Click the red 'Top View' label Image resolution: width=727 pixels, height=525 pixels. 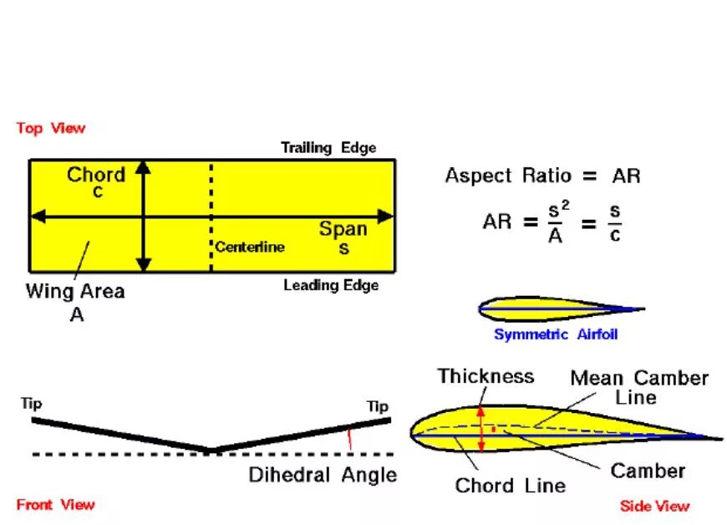coord(50,128)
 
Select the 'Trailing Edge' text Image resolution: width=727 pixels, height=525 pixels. coord(328,148)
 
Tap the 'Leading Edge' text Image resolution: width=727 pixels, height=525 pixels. coord(331,285)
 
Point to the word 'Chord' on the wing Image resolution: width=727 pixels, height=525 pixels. coord(96,175)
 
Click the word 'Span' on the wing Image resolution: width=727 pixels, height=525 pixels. coord(343,229)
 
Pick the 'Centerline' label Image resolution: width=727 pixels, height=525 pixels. coord(250,247)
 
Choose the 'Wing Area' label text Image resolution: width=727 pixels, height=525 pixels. coord(75,291)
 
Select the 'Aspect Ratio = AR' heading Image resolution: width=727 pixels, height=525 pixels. coord(542,176)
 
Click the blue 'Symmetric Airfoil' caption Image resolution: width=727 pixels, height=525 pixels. coord(556,334)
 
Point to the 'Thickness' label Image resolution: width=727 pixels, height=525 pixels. coord(486,376)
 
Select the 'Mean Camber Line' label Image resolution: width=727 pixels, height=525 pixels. coord(639,387)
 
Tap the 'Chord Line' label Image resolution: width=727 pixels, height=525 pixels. coord(510,485)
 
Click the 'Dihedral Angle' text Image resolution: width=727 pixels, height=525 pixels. coord(323,475)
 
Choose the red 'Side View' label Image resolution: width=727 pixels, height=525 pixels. coord(655,506)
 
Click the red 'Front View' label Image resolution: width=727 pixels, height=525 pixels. coord(55,504)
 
